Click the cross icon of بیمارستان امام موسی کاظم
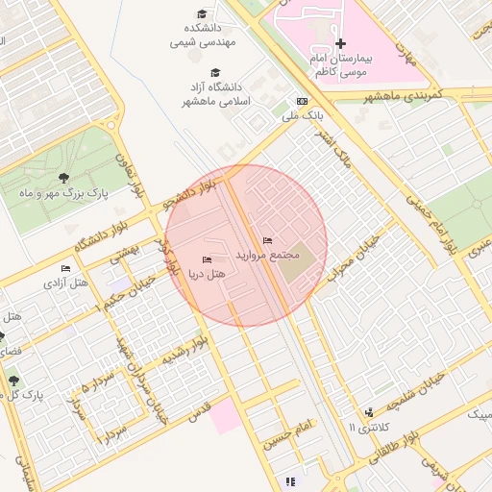[341, 43]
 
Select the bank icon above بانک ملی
[303, 101]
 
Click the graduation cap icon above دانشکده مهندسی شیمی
[202, 13]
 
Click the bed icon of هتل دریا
[207, 260]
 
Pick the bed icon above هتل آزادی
[65, 268]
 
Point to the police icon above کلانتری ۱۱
[369, 411]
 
